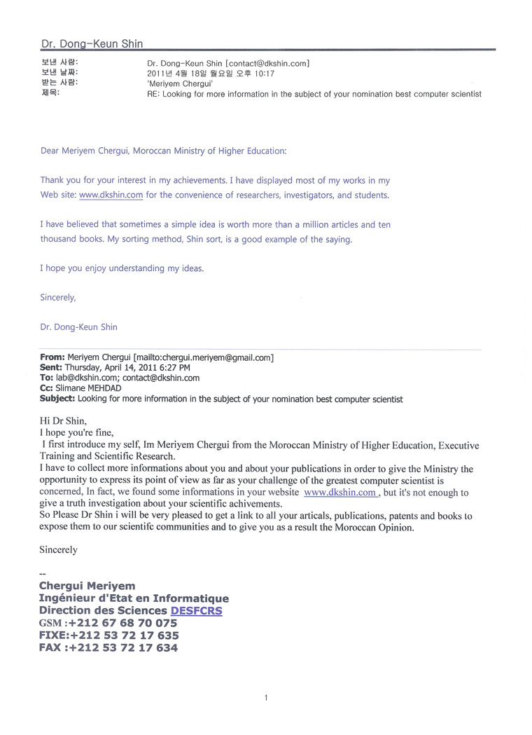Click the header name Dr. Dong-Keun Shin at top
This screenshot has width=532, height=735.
[x=92, y=43]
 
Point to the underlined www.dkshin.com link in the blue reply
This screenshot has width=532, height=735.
[x=111, y=195]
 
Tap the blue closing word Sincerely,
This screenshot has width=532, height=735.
[x=57, y=297]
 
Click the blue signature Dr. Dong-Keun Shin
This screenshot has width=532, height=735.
[x=78, y=327]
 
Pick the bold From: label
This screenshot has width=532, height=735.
[x=52, y=357]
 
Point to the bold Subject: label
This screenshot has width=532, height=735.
[x=57, y=399]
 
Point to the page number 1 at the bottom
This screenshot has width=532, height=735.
[x=266, y=697]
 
